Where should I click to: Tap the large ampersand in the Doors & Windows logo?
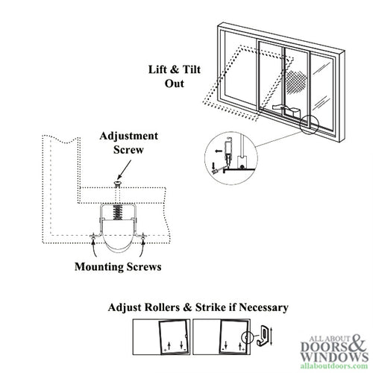pos(354,344)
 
